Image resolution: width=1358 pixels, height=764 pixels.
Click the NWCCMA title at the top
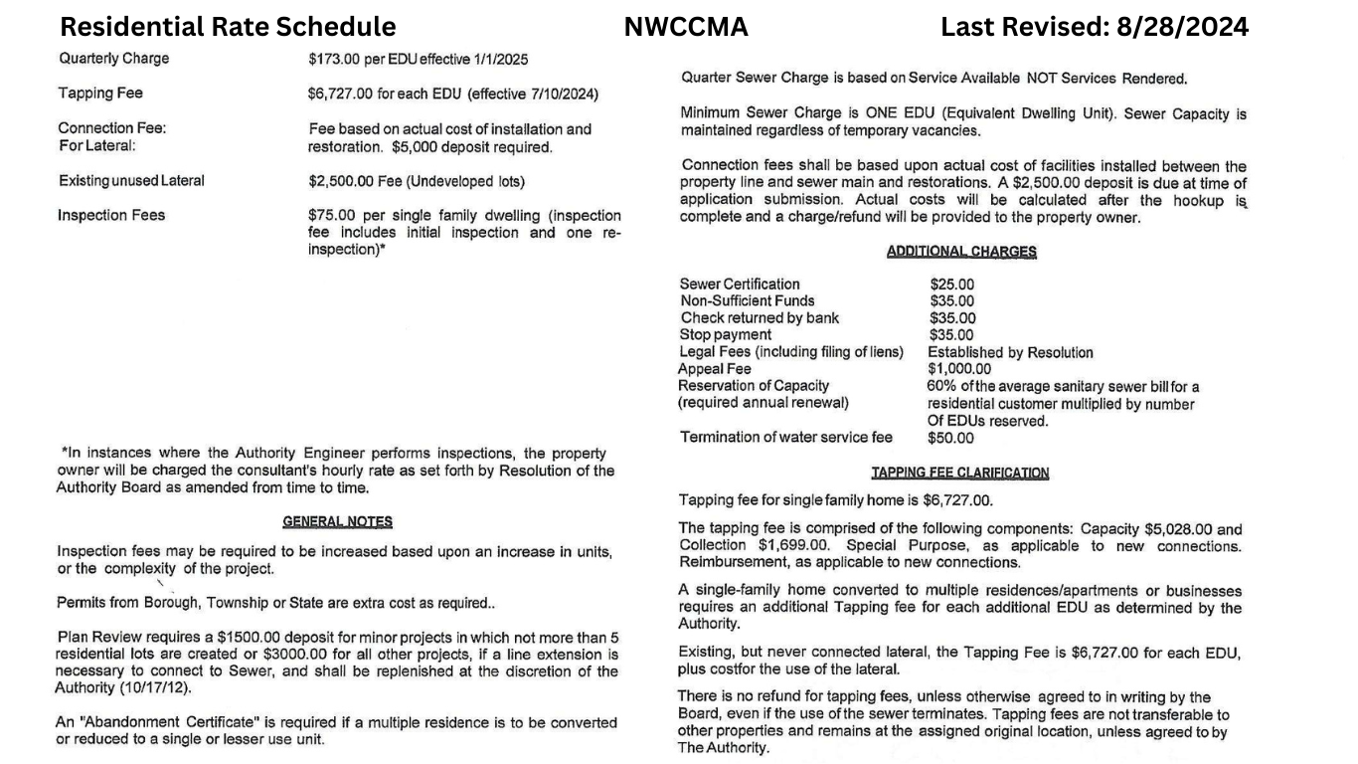click(686, 27)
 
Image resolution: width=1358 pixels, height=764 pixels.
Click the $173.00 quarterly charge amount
click(335, 59)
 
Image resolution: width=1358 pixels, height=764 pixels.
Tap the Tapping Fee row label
click(100, 94)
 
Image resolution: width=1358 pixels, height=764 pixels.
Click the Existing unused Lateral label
click(131, 181)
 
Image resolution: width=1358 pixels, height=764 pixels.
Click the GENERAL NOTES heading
click(337, 521)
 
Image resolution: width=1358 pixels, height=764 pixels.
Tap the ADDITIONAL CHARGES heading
click(961, 252)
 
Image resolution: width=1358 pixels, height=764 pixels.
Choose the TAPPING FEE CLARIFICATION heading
click(959, 473)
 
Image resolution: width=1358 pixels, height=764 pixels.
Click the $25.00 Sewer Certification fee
click(952, 285)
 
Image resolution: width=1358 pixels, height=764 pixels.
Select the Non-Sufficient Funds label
click(748, 301)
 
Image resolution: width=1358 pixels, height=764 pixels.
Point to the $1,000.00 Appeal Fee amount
click(959, 369)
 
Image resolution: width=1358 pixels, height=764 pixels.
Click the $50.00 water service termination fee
click(951, 438)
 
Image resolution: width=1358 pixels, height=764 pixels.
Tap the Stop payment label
click(726, 335)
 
